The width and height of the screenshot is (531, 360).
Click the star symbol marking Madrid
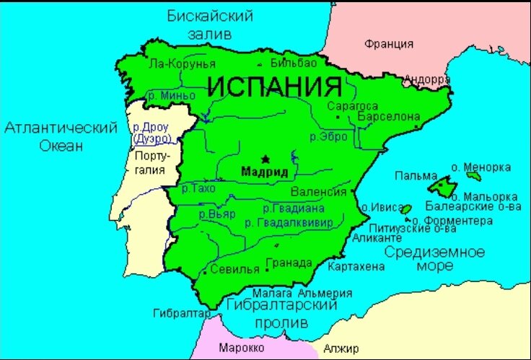click(x=265, y=159)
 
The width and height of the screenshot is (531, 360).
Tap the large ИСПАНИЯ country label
click(x=274, y=87)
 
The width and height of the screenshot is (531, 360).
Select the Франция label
click(x=389, y=44)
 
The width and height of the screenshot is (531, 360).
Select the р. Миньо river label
click(x=171, y=95)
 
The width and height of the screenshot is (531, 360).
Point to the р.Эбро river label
click(x=328, y=136)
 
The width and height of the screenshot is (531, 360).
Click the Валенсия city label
click(x=315, y=192)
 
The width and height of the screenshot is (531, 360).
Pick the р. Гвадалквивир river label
click(x=289, y=223)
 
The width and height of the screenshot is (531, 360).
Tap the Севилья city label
click(x=234, y=270)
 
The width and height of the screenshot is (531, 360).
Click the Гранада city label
click(x=289, y=263)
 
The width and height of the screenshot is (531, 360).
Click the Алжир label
click(x=341, y=349)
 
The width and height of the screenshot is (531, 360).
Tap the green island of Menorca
click(x=473, y=175)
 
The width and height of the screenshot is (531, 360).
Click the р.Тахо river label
click(x=198, y=188)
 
